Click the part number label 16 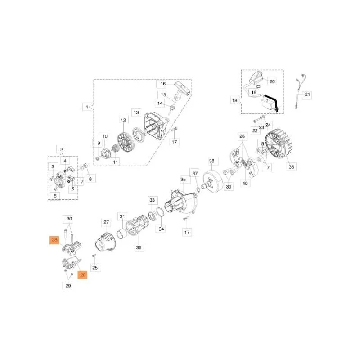pos(163,84)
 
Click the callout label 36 pos(291,167)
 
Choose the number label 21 pos(307,94)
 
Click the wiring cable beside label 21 pos(300,91)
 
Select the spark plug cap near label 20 pos(256,77)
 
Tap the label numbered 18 pos(234,100)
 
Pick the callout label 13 pos(136,113)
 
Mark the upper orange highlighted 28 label pos(54,240)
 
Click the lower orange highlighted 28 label pos(83,275)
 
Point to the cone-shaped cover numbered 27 pos(105,242)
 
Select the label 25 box pos(95,267)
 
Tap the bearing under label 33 pos(152,216)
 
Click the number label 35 pos(183,179)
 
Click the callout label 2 pos(61,150)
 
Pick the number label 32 pos(139,247)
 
